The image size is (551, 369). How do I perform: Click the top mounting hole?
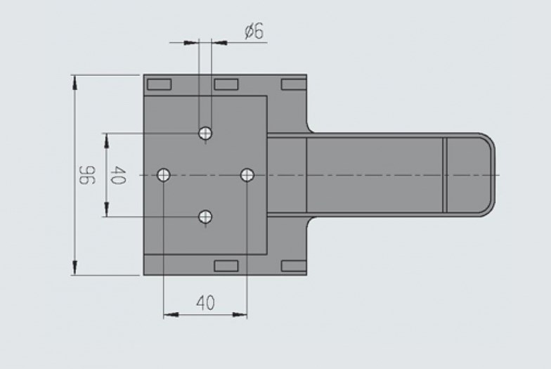[x=205, y=132]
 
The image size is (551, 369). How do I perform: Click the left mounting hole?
[x=164, y=174]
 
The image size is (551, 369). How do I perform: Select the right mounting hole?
[x=247, y=174]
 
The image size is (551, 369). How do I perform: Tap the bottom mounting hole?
[x=205, y=216]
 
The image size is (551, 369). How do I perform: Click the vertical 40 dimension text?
[x=118, y=175]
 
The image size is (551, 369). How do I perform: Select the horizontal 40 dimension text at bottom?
[x=205, y=303]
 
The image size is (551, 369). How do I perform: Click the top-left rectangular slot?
[x=159, y=84]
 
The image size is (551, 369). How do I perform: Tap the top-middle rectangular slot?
[x=226, y=84]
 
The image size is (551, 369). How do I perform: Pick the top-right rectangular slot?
[x=293, y=84]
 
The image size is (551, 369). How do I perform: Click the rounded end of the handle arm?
[x=486, y=174]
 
